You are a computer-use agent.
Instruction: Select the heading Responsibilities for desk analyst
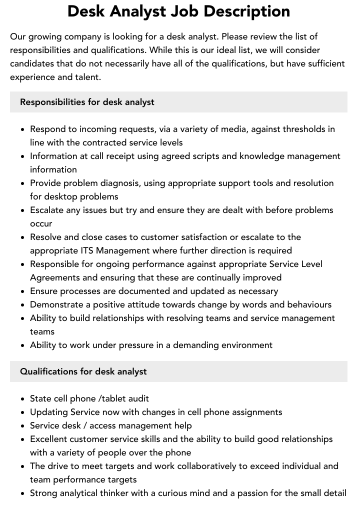point(87,102)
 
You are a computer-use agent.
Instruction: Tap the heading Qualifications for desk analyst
point(83,371)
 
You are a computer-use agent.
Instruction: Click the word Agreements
point(54,277)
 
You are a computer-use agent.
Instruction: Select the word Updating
point(48,412)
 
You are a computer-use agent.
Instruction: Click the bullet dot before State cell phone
point(23,399)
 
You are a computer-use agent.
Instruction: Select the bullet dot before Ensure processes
point(23,291)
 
